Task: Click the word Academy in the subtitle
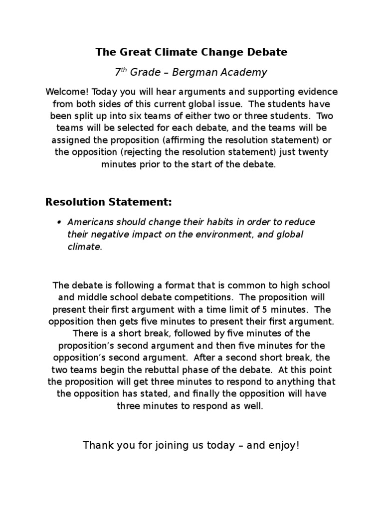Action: [243, 73]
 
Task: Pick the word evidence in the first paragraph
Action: [317, 93]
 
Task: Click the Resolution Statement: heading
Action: [108, 202]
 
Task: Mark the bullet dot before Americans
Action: [59, 223]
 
